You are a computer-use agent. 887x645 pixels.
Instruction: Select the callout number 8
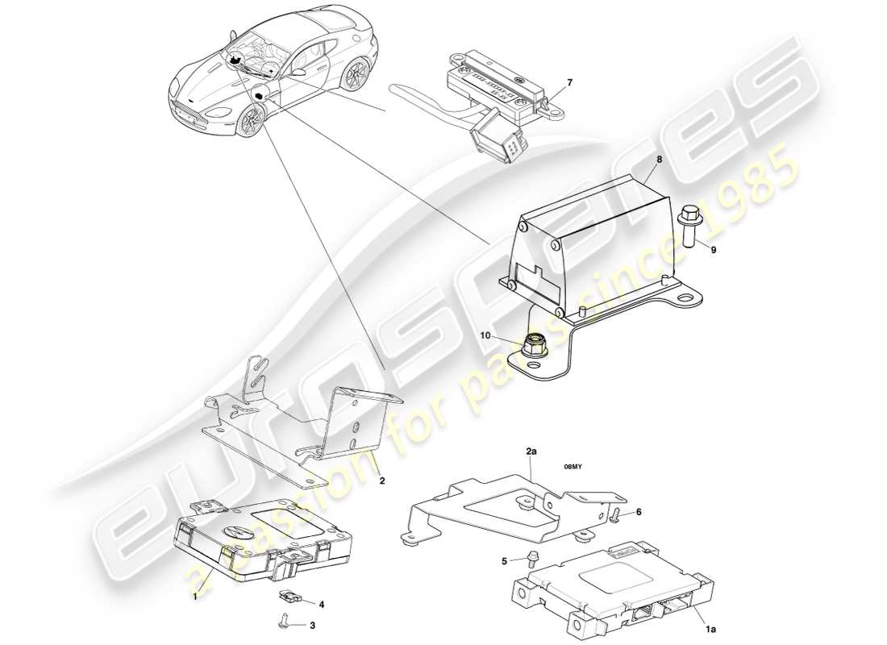(x=659, y=160)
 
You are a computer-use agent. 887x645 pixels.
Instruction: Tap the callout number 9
(x=713, y=250)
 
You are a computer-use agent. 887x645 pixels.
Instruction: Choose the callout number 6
(x=639, y=511)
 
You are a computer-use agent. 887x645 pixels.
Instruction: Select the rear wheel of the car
(x=352, y=75)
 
